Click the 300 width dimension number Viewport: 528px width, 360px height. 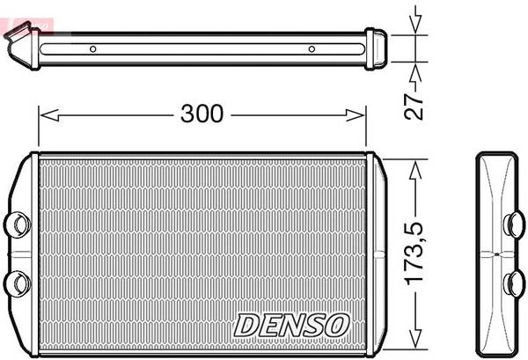coord(202,114)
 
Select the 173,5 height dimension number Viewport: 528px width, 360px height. coord(416,253)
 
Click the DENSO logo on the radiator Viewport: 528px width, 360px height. coord(291,324)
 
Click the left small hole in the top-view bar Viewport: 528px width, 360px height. coord(93,48)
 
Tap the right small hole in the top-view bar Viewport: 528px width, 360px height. coord(311,48)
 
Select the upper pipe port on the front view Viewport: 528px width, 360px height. coord(17,224)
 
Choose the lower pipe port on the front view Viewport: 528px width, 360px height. coord(17,283)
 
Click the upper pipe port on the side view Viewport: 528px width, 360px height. coord(514,224)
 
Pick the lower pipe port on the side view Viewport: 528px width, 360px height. coord(514,283)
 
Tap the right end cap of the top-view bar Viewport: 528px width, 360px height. coord(376,48)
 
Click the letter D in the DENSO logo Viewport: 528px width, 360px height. coord(246,325)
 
